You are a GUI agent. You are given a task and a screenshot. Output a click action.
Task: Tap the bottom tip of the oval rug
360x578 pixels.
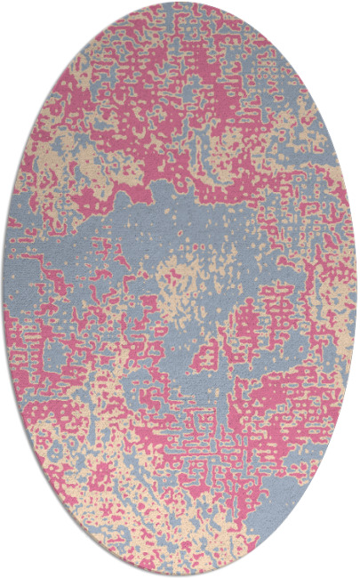(180, 575)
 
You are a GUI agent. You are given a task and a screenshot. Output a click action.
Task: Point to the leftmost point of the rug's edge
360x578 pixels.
(3, 289)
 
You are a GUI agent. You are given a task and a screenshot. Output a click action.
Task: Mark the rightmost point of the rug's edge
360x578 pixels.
(357, 289)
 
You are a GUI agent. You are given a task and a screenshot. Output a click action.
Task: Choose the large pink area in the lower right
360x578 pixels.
(284, 391)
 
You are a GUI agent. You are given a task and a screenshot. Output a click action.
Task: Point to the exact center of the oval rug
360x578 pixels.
(180, 289)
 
